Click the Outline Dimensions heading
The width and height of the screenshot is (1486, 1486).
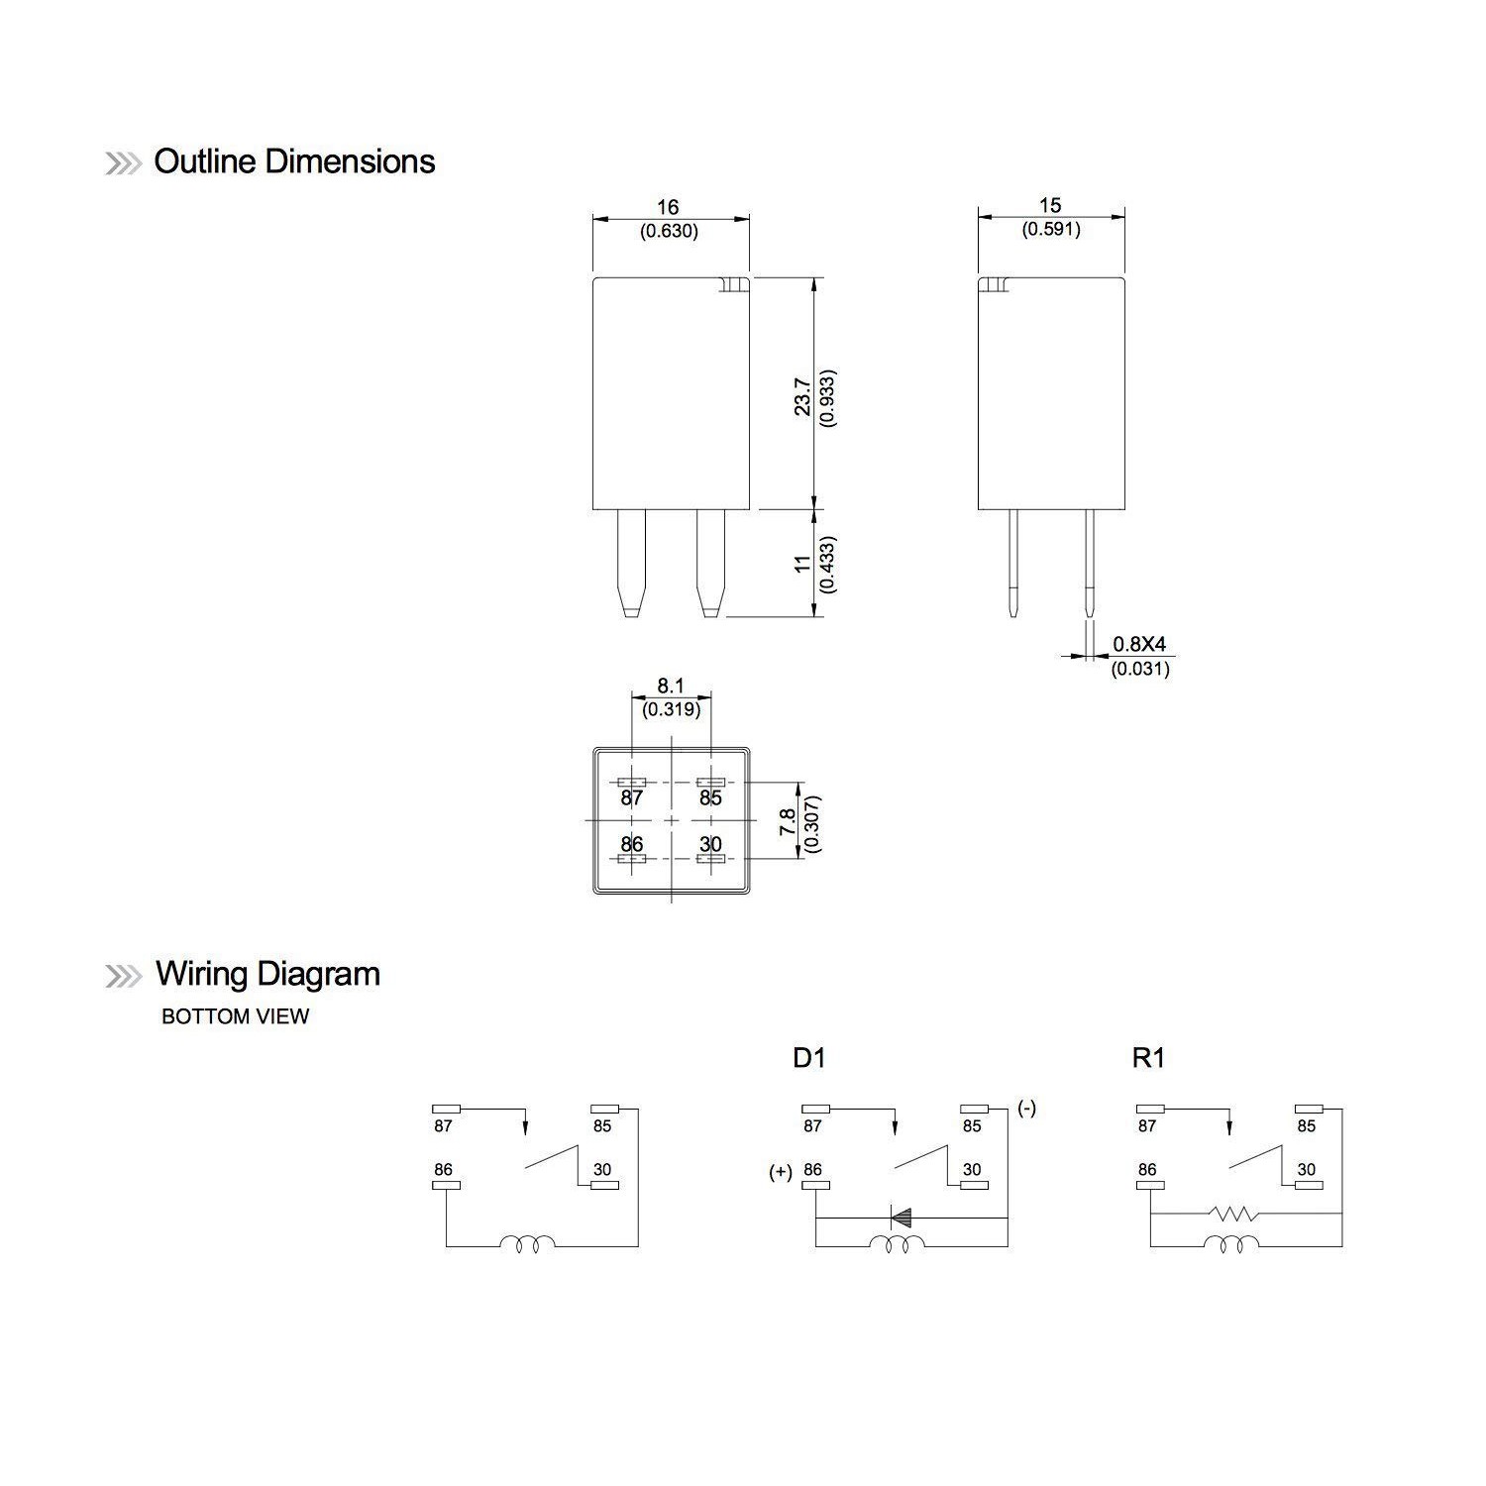click(x=294, y=162)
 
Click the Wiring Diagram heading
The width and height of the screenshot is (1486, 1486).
click(x=267, y=975)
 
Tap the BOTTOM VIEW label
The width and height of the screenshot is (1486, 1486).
click(x=235, y=1016)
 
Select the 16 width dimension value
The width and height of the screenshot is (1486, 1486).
click(x=669, y=207)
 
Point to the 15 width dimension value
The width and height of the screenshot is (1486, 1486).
click(x=1050, y=205)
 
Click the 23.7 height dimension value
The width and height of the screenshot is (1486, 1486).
click(x=803, y=395)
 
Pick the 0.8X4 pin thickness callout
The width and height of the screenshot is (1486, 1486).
click(x=1139, y=645)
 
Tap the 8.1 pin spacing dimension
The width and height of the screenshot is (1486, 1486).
click(x=671, y=686)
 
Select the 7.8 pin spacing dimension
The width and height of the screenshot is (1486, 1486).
click(x=789, y=822)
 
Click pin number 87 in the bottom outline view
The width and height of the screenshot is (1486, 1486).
click(x=632, y=797)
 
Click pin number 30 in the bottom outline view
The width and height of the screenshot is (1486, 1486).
click(x=710, y=845)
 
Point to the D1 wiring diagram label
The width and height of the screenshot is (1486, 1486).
click(x=808, y=1058)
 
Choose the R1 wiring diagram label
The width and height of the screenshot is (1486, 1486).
click(x=1148, y=1058)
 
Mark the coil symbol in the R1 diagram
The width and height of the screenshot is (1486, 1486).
click(x=1232, y=1244)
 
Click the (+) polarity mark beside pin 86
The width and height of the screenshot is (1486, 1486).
click(x=781, y=1173)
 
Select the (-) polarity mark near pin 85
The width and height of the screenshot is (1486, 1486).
click(x=1026, y=1109)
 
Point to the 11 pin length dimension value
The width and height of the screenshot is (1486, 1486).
click(x=803, y=563)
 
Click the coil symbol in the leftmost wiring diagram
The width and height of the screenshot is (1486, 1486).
click(x=528, y=1244)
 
